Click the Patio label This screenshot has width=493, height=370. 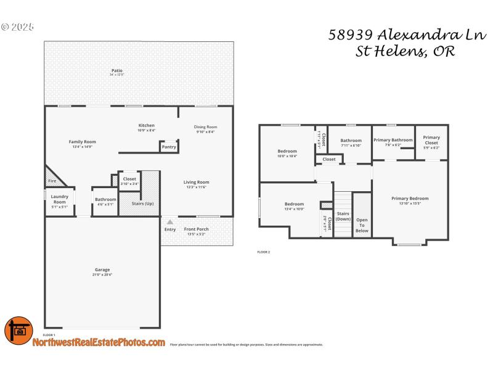pos(116,71)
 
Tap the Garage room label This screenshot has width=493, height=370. pos(102,270)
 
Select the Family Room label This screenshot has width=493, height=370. pos(82,142)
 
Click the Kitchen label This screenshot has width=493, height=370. pos(146,125)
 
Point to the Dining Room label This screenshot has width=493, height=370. pos(206,127)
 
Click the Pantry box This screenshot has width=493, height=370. pos(169,147)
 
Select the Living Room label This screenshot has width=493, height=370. pos(197,182)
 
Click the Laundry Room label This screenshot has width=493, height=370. pos(59,199)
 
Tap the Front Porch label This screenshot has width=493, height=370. pos(197,229)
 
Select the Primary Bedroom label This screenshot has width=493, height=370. pos(410,199)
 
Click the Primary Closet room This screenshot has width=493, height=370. pos(431,141)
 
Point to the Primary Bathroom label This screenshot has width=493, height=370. pos(393,140)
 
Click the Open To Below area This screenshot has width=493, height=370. pos(362,225)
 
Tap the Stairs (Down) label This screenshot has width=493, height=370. pos(343,216)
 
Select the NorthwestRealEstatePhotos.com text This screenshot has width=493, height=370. pos(99,342)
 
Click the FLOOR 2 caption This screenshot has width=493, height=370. pos(263,252)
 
